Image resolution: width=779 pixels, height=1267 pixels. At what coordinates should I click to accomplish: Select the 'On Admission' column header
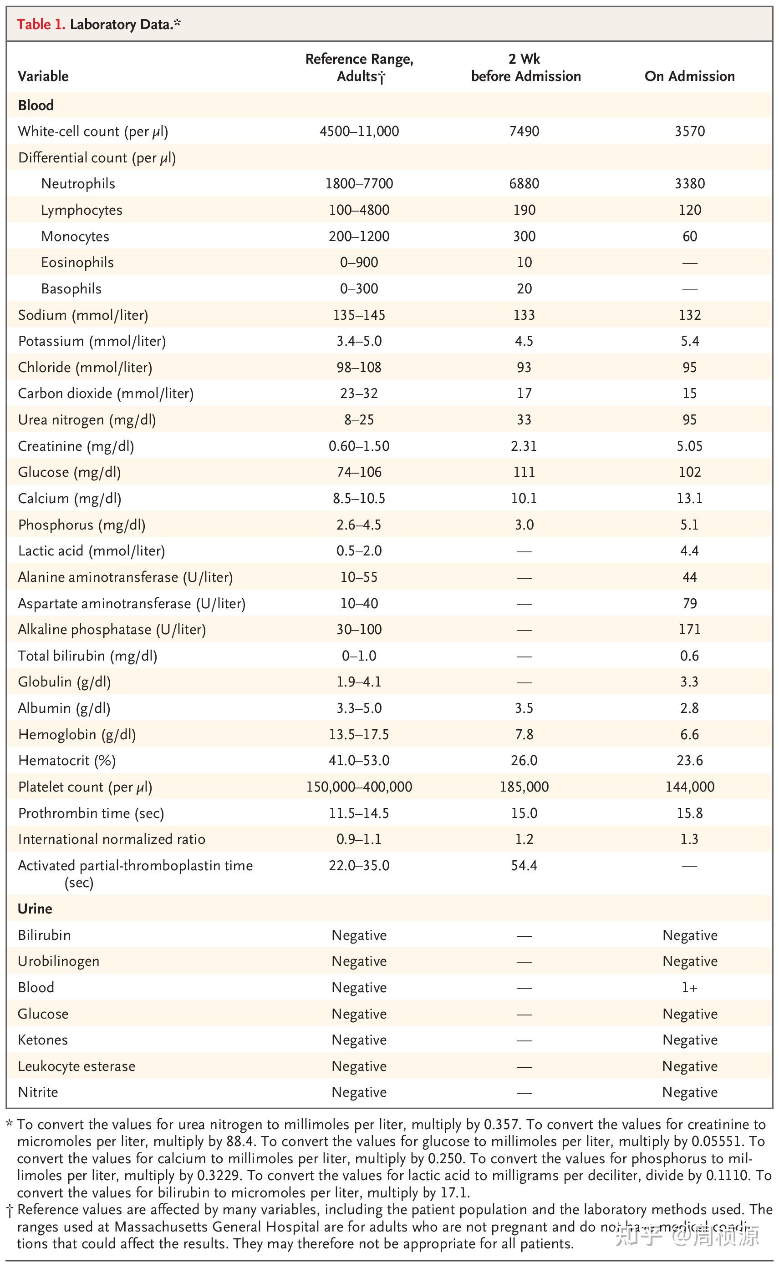689,76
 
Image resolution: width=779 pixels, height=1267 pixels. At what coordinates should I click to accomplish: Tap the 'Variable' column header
43,76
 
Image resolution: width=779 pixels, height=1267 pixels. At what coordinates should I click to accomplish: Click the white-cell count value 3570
689,131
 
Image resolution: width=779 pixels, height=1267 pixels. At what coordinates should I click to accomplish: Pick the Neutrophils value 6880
524,184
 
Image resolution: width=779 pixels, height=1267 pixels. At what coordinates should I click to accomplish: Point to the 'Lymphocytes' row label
81,210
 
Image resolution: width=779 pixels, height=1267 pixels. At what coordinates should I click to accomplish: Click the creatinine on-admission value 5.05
689,446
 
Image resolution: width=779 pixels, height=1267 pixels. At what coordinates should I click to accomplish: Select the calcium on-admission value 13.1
689,498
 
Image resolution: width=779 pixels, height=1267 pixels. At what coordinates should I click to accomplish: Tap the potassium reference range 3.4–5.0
359,341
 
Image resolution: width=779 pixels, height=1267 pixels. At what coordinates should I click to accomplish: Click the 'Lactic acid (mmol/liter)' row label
91,551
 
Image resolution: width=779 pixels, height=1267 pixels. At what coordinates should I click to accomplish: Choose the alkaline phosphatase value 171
689,629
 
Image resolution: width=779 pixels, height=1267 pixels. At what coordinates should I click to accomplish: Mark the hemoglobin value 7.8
524,734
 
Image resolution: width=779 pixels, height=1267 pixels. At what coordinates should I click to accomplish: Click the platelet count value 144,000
689,787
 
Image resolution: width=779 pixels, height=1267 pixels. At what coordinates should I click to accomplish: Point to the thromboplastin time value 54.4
524,865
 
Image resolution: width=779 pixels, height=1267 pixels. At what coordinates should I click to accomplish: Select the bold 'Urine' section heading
35,909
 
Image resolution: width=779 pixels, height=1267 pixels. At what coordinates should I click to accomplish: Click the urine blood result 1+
689,988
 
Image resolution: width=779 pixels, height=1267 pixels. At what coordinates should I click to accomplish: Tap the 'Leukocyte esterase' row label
76,1066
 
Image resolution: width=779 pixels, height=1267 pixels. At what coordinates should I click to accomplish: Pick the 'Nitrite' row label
38,1092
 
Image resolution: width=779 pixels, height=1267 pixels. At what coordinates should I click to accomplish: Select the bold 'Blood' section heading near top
36,105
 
